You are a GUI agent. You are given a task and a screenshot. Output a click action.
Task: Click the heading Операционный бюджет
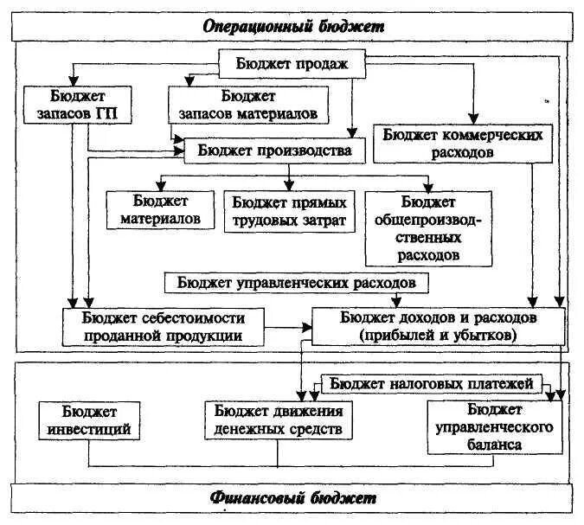[292, 27]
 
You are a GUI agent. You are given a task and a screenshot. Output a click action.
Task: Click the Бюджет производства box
[274, 150]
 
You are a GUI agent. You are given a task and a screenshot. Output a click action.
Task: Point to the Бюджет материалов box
[161, 209]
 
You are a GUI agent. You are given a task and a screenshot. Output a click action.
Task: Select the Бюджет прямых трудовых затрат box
[289, 210]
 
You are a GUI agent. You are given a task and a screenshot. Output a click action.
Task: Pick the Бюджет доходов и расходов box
[439, 326]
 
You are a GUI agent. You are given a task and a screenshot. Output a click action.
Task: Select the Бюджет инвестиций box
[90, 419]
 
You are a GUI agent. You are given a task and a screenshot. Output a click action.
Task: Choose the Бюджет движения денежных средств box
[279, 419]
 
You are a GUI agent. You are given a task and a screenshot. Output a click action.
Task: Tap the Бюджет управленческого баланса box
[491, 426]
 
